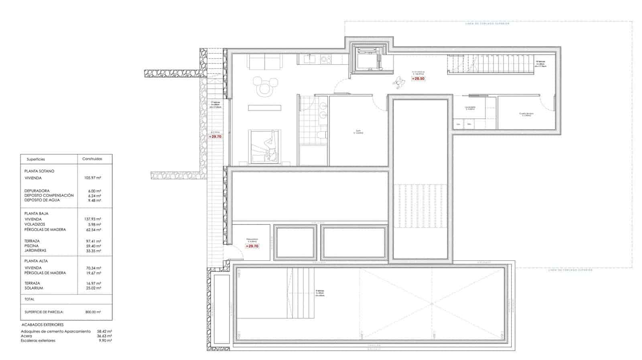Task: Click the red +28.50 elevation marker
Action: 418,79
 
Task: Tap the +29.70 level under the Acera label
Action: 215,136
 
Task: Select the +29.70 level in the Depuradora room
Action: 252,246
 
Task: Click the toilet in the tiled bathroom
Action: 320,134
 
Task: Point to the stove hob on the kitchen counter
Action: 326,59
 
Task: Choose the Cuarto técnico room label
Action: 526,114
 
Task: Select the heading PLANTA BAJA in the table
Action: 36,214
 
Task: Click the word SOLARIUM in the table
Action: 34,288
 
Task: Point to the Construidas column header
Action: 92,159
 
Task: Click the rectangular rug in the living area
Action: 264,108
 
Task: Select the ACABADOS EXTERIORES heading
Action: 42,324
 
